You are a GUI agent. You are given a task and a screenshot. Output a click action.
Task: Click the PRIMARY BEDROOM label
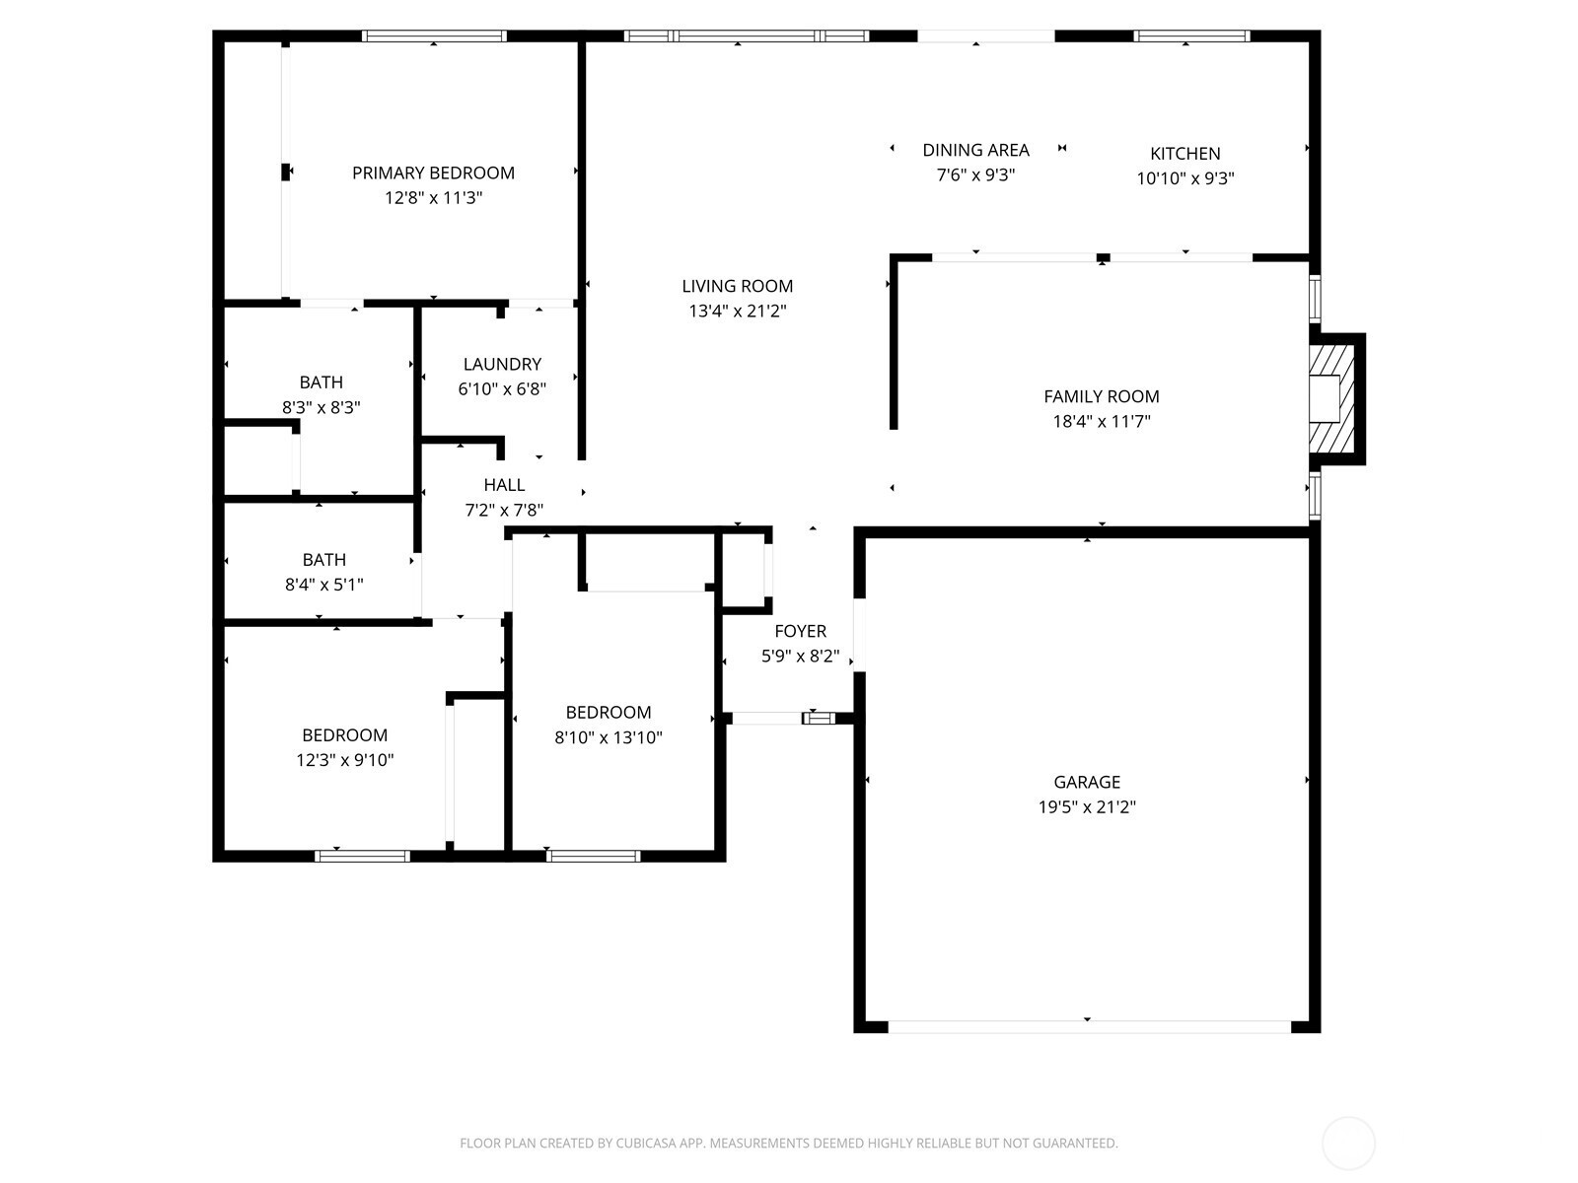coord(433,174)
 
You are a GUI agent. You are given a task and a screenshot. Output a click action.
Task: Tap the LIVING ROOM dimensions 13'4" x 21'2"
coord(738,311)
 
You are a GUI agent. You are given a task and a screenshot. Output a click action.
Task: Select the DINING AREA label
coord(975,150)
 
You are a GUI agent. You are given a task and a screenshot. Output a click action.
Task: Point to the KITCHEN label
coord(1184,154)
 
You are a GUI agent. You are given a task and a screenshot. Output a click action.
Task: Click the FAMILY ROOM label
coord(1102,396)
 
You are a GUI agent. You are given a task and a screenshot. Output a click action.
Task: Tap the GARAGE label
coord(1087,782)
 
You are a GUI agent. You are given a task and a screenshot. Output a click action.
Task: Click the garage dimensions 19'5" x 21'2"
coord(1087,806)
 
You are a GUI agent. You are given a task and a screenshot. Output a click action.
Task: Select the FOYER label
coord(800,631)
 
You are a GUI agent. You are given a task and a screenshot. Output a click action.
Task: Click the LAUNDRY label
coord(502,364)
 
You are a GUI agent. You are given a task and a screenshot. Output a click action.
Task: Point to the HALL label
coord(504,485)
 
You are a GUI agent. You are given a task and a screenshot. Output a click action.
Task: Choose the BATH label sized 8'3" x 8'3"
coord(321,383)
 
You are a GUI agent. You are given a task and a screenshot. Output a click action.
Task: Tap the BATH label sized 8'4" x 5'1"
coord(323,560)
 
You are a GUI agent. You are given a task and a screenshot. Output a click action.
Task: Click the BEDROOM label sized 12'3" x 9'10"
coord(344,735)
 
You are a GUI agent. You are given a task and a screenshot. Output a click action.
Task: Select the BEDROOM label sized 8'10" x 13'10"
coord(609,713)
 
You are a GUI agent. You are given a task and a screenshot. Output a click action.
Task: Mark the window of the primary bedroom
coord(434,35)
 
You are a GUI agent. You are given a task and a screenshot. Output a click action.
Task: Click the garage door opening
coord(1090,1027)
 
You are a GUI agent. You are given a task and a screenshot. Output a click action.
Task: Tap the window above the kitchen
coord(1191,35)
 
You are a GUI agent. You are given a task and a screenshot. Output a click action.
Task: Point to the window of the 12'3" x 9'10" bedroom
coord(362,856)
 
